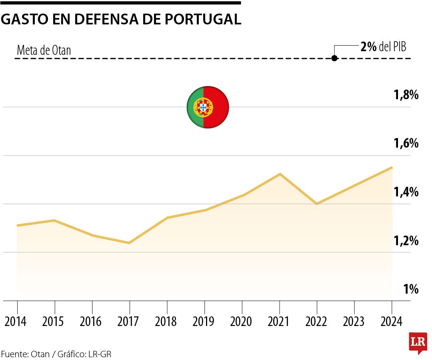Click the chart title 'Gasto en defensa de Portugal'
coord(121,19)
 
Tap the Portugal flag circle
coord(208,107)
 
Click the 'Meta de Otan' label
coord(44,50)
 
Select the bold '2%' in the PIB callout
coord(368,47)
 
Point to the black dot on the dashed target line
coord(334,58)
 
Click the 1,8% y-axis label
coord(406,95)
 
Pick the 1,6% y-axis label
coord(406,143)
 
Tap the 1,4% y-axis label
coord(406,192)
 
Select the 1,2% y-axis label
coord(406,241)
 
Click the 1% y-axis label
coord(411,289)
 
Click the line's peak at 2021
coord(280,174)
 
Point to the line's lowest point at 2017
coord(129,243)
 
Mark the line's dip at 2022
coord(317,204)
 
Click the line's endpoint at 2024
coord(392,168)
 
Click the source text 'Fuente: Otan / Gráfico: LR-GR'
coord(56,354)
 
